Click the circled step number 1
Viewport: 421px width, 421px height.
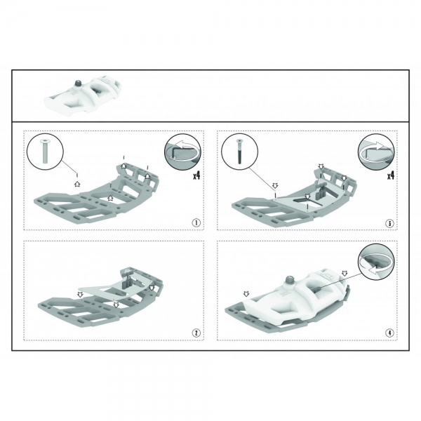196,223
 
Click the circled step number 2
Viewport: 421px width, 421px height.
196,333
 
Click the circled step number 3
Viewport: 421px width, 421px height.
389,223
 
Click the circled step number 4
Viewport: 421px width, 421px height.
389,333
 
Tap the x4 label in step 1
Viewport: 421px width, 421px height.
196,175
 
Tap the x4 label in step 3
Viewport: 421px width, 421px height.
391,175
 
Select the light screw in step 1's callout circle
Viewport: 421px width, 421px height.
44,151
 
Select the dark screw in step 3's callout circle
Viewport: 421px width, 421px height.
239,151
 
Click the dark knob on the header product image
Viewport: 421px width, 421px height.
78,83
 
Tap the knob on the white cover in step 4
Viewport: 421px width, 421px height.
289,280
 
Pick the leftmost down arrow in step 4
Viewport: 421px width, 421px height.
246,294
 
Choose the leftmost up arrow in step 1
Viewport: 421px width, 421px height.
77,184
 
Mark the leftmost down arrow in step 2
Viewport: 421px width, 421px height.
80,294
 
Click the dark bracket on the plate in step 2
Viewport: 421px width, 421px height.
126,280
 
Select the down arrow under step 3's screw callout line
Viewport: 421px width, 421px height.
275,185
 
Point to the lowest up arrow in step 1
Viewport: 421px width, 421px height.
110,198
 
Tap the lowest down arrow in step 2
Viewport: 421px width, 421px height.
116,305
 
